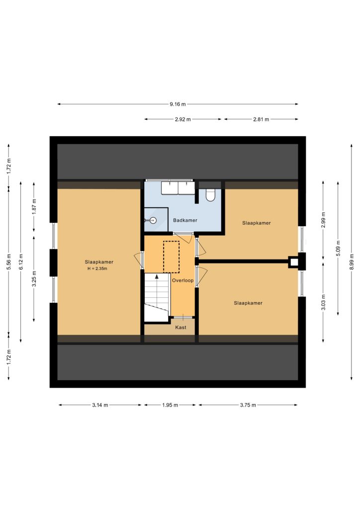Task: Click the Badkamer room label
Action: click(x=185, y=220)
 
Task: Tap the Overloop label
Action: click(x=183, y=280)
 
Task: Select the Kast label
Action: click(x=181, y=327)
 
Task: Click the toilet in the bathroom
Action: click(x=210, y=195)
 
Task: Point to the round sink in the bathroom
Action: click(x=152, y=220)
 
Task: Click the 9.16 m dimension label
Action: click(x=178, y=104)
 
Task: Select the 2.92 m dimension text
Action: click(x=183, y=119)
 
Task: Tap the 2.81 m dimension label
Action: click(x=261, y=119)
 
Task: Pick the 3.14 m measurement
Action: click(x=100, y=405)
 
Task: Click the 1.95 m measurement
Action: click(x=170, y=405)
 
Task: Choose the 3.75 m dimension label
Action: click(x=248, y=405)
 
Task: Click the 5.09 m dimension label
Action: click(x=338, y=248)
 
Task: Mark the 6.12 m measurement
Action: click(x=21, y=261)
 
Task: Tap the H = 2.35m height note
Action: click(x=97, y=268)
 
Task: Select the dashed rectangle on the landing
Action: click(x=172, y=257)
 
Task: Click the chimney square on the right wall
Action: click(x=294, y=261)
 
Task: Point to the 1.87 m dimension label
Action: click(x=34, y=207)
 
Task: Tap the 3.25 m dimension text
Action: click(x=34, y=279)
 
